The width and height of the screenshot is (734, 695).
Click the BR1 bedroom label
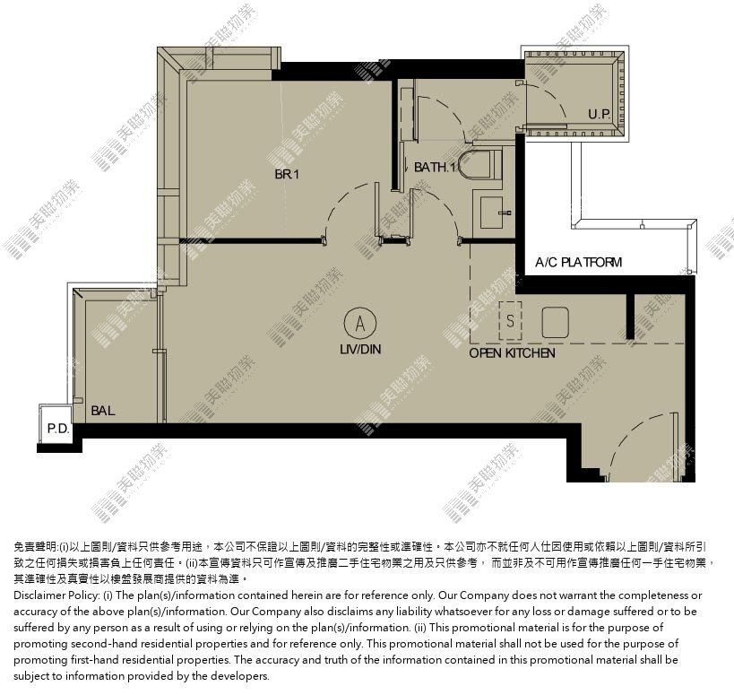coord(287,174)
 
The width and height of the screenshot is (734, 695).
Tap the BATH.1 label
coord(435,167)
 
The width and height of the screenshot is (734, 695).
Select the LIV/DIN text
coord(360,349)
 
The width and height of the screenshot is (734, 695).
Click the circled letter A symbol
coord(360,323)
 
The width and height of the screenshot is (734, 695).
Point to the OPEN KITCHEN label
coord(512,353)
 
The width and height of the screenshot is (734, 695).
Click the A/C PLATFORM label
coord(579,262)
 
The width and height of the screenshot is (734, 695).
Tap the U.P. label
coord(600,114)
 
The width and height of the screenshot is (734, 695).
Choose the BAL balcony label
coord(102,411)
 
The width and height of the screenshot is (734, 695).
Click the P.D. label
coord(58,429)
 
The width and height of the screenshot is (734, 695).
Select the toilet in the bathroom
coord(479,164)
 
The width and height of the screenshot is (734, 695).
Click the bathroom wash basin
coord(493,213)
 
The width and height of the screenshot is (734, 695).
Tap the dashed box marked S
coord(510,321)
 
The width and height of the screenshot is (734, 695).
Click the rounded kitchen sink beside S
coord(555,322)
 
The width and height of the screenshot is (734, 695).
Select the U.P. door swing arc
coord(551,95)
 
